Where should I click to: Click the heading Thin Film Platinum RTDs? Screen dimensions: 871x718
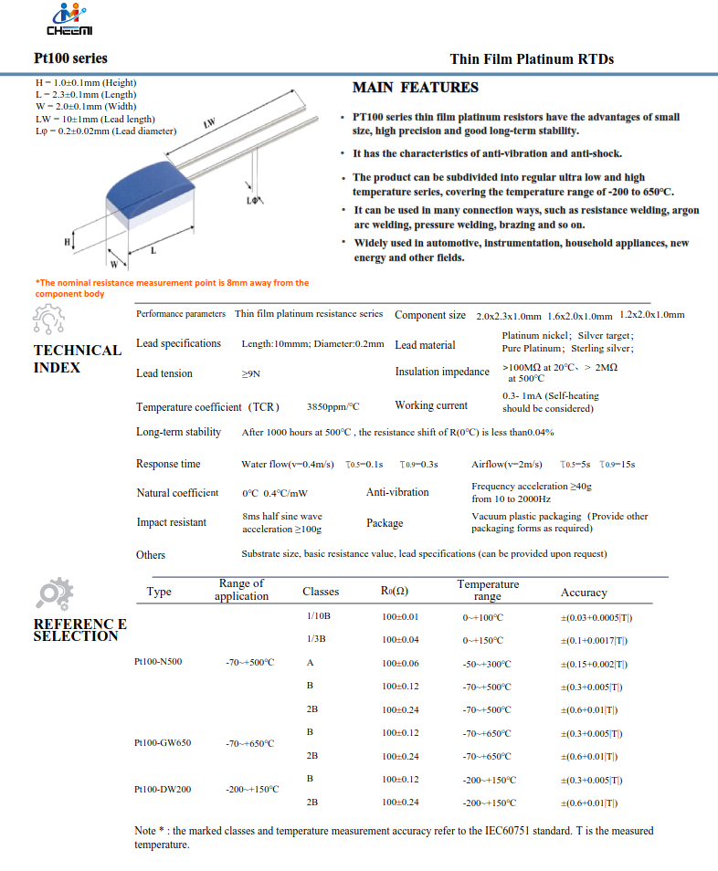click(532, 59)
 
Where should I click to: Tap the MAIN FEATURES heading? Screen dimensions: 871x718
click(415, 88)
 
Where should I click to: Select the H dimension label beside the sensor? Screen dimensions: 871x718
click(67, 241)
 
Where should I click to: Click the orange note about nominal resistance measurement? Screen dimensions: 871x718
click(172, 288)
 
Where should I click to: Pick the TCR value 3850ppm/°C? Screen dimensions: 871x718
click(333, 407)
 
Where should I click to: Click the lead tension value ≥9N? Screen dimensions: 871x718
click(250, 374)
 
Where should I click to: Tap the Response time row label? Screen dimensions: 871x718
click(168, 464)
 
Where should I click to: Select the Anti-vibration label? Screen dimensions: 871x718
click(397, 492)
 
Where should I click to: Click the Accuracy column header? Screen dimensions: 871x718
click(584, 593)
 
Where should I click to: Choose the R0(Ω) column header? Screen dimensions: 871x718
click(395, 592)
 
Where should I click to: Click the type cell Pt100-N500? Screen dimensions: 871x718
click(157, 662)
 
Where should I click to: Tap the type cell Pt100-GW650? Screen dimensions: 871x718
click(162, 743)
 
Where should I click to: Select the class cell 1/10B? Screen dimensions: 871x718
click(319, 617)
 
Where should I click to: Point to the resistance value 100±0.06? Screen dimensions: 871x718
click(400, 664)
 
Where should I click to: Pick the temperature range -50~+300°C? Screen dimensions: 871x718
click(487, 664)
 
